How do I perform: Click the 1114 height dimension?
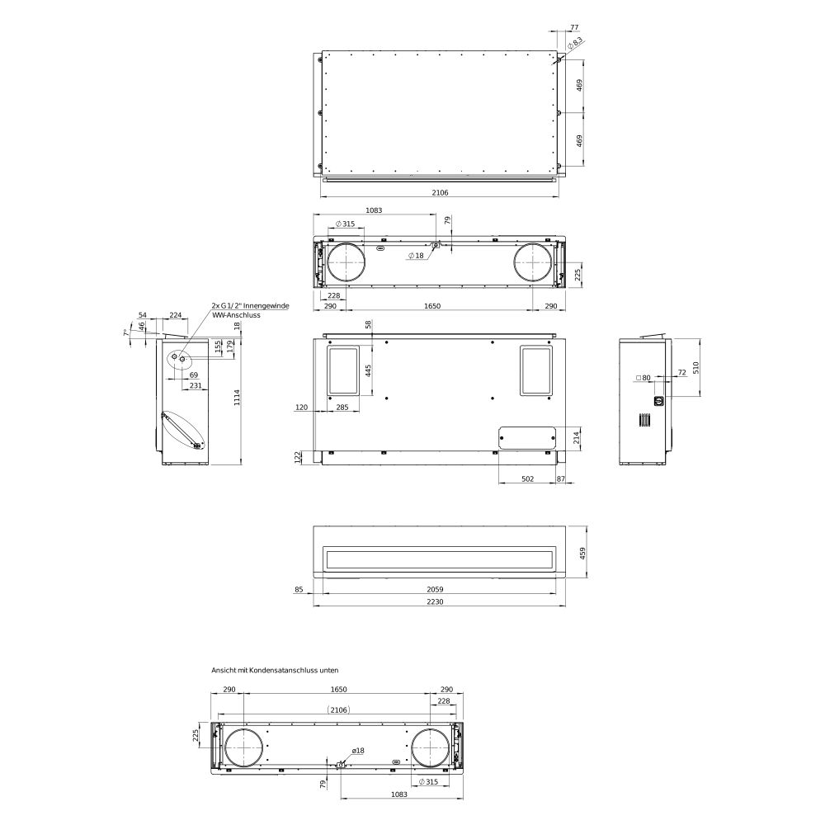click(x=237, y=397)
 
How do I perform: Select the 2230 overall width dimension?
click(x=435, y=602)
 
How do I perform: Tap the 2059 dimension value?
click(x=435, y=590)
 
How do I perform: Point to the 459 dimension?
click(x=582, y=553)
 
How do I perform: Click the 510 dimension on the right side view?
click(x=695, y=367)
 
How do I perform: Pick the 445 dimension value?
click(x=368, y=370)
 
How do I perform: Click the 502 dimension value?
click(x=527, y=478)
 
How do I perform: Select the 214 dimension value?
click(x=576, y=437)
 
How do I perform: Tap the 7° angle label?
click(x=125, y=333)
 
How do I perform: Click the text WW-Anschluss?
click(x=236, y=315)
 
